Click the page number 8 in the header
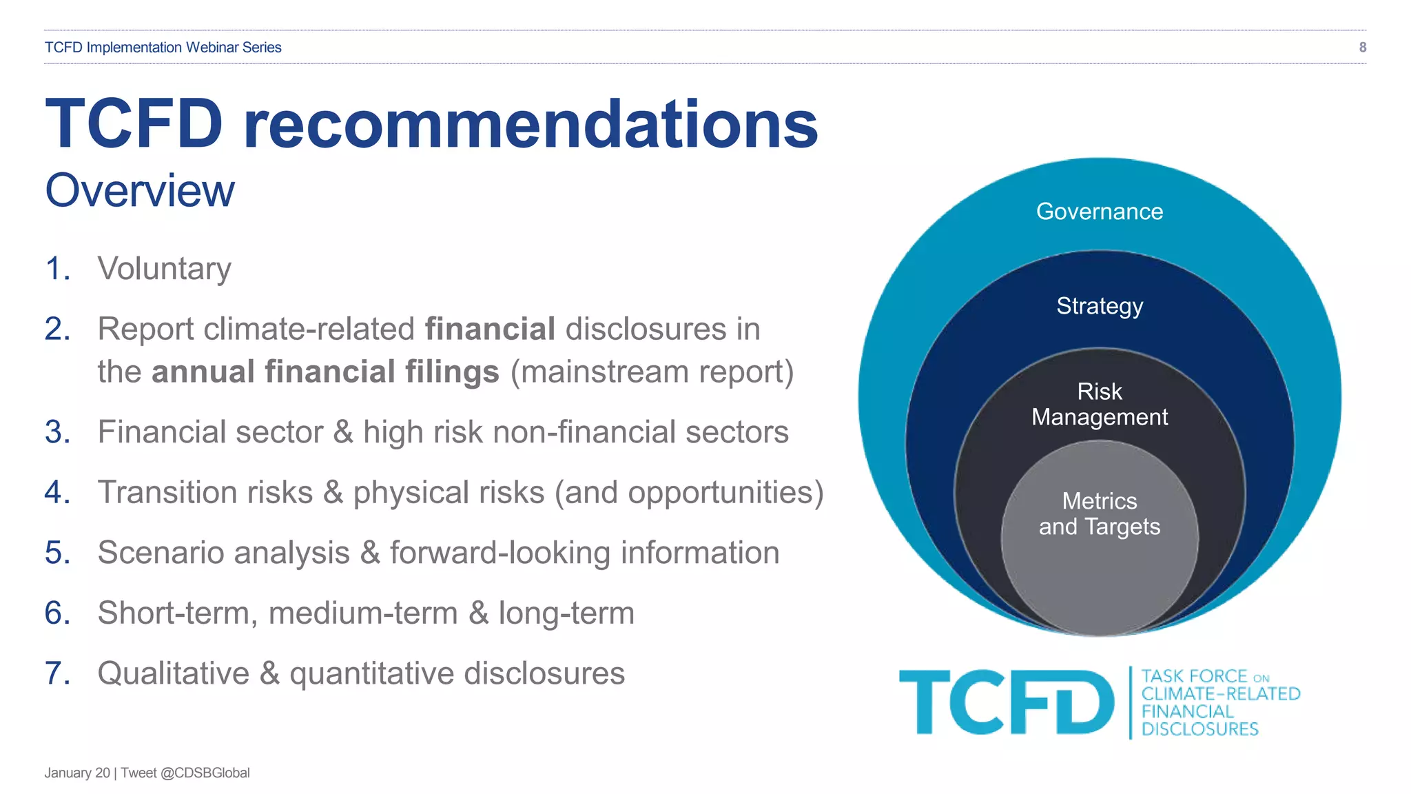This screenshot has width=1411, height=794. (1362, 48)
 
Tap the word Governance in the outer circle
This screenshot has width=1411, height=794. (1100, 212)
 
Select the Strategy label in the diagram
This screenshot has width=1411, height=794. (1100, 306)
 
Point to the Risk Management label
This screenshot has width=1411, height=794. (1100, 405)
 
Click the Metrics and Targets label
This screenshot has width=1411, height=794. (1100, 513)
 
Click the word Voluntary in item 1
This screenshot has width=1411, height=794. (164, 269)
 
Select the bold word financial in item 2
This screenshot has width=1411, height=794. (490, 329)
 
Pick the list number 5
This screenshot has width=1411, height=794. (57, 553)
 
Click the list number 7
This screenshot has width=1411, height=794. (57, 673)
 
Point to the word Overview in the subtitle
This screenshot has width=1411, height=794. (140, 191)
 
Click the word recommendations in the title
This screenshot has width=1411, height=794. (531, 124)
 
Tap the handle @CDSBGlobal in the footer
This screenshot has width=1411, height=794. (205, 773)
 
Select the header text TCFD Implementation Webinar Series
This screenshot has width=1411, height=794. (163, 48)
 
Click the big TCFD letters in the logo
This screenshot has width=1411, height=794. (1006, 702)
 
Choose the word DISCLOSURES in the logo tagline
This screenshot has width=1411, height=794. (1199, 729)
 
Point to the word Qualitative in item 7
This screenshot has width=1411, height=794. (174, 673)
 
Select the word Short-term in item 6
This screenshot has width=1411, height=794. (177, 613)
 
